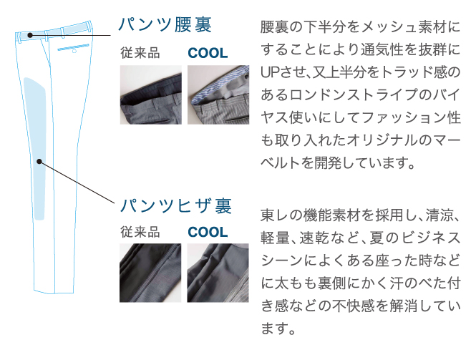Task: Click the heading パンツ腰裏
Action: pyautogui.click(x=165, y=24)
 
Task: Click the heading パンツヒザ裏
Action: pyautogui.click(x=176, y=205)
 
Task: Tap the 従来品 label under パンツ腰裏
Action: pyautogui.click(x=140, y=53)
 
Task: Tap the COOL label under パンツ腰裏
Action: pyautogui.click(x=208, y=53)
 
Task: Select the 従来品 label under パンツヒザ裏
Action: pyautogui.click(x=140, y=232)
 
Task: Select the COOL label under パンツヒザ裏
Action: pyautogui.click(x=208, y=232)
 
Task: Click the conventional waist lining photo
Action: pyautogui.click(x=151, y=94)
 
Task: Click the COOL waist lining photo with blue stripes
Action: pyautogui.click(x=218, y=94)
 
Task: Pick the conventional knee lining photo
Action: pyautogui.click(x=150, y=273)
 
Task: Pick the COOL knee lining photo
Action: pyautogui.click(x=218, y=273)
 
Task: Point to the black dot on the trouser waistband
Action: pyautogui.click(x=30, y=35)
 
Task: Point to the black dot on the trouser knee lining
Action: pyautogui.click(x=39, y=162)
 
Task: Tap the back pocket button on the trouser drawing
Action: pyautogui.click(x=74, y=52)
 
